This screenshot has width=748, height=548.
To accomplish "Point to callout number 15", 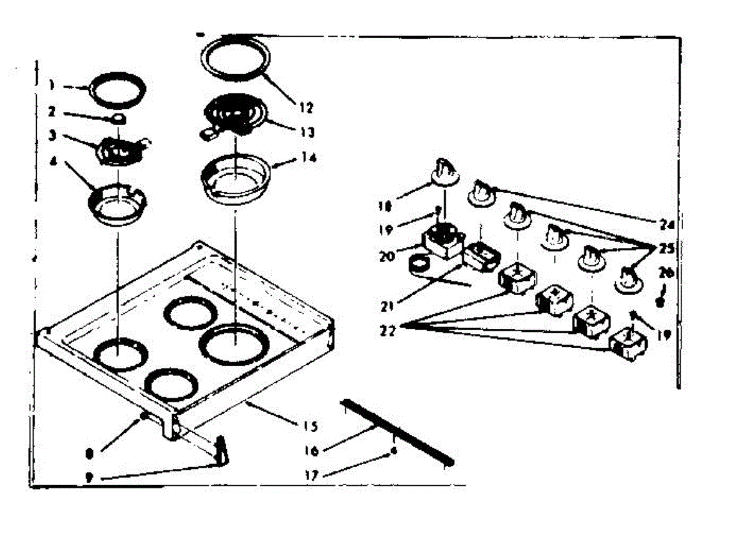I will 310,427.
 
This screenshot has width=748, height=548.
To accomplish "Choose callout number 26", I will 666,272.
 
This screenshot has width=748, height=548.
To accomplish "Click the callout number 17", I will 312,475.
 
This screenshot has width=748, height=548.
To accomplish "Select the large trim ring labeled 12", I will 236,59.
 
